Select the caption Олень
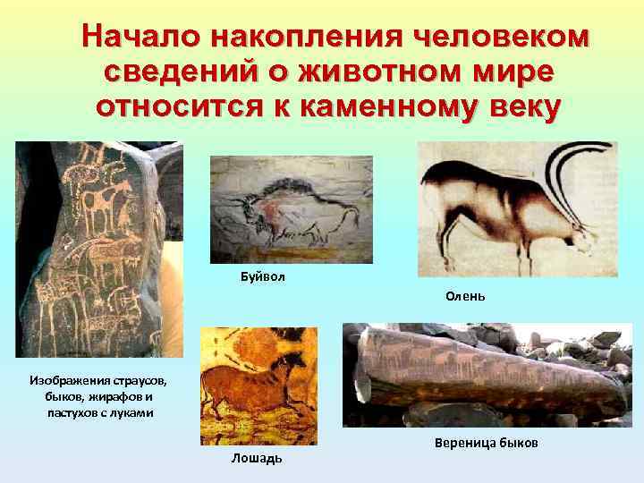(x=465, y=296)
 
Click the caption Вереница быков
(x=487, y=443)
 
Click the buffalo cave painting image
(x=291, y=209)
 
